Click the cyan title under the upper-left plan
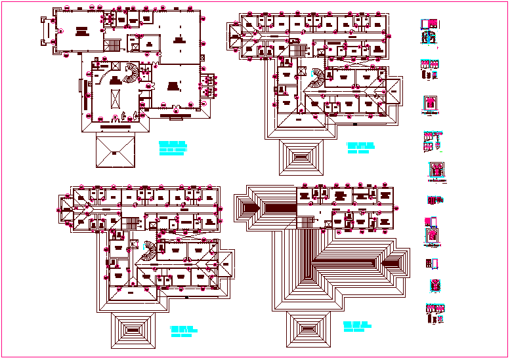[x=173, y=147]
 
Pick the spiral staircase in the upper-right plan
[x=317, y=77]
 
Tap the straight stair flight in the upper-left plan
[x=113, y=45]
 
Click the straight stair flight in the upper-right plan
[x=299, y=51]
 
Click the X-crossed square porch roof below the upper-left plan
[x=114, y=152]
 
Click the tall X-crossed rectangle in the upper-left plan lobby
[x=116, y=98]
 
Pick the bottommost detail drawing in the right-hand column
[x=435, y=313]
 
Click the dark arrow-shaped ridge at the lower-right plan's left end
[x=252, y=207]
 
